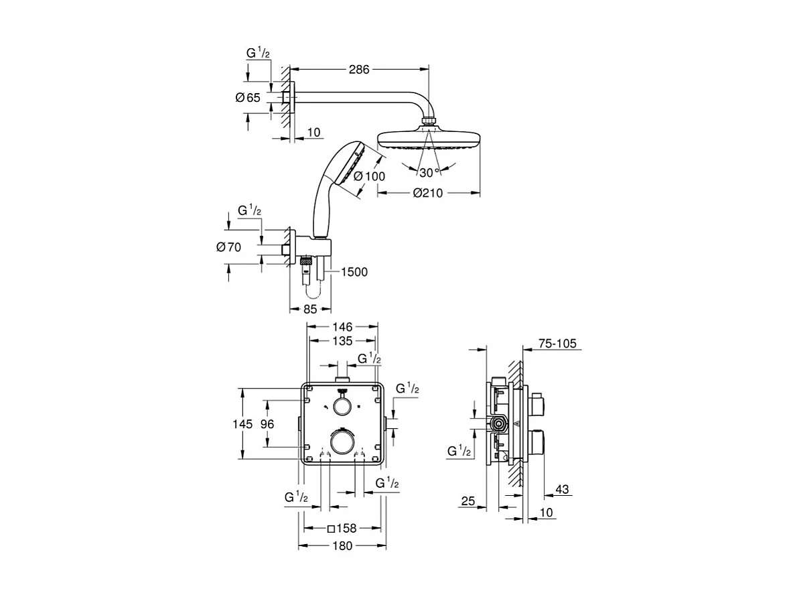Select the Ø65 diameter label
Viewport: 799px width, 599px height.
pos(248,98)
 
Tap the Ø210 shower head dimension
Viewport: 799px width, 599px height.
pos(429,193)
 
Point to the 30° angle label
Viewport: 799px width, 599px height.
pos(429,172)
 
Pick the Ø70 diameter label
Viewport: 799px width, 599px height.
pos(228,247)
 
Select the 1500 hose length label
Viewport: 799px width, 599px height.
pos(354,272)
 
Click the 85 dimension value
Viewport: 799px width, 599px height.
pos(310,310)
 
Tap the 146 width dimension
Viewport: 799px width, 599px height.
pos(342,327)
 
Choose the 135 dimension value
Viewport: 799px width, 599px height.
pos(342,341)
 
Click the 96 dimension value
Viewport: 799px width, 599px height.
pos(267,423)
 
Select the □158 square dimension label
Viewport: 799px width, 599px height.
pos(342,528)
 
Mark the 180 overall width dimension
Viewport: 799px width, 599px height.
pos(342,545)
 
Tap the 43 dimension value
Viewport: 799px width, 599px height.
pos(562,490)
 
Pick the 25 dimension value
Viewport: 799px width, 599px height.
pos(469,501)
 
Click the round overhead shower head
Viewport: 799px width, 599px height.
pos(429,139)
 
